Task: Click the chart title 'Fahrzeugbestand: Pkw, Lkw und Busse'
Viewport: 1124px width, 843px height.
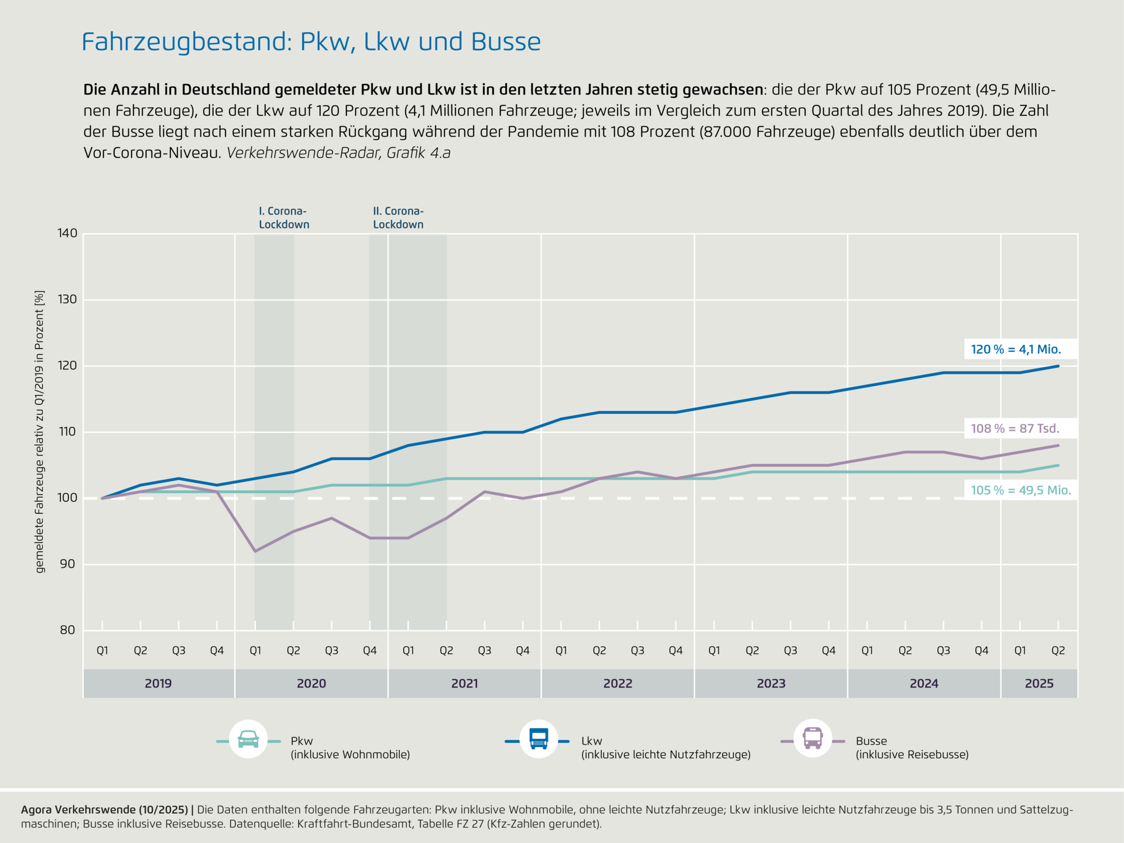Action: pos(311,42)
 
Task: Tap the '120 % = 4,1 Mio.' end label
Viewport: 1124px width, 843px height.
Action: pos(1016,349)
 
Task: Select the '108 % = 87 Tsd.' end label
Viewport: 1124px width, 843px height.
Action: pos(1015,428)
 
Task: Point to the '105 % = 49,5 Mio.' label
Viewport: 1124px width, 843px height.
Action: pos(1020,490)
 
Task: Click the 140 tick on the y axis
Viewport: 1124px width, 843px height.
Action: pos(67,233)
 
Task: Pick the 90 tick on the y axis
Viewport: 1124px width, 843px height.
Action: pos(67,564)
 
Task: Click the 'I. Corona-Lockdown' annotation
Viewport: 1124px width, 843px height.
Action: pos(284,217)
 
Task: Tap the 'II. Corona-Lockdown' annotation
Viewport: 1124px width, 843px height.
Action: pos(398,217)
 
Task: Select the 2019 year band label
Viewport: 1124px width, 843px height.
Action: pos(158,683)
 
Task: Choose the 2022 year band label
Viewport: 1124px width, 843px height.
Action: pos(618,683)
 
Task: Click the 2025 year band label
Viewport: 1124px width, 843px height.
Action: pos(1039,683)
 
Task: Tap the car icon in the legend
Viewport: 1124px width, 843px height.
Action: pos(248,739)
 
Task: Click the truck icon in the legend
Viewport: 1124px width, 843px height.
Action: pos(539,739)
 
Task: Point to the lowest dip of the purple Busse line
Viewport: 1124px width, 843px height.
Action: pos(255,551)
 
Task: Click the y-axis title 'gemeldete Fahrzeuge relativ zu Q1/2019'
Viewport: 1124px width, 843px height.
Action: pos(40,431)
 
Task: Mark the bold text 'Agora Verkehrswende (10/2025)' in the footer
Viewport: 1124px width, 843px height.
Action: pos(104,810)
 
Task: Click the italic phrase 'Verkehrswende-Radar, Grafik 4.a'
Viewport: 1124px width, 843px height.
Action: pos(338,153)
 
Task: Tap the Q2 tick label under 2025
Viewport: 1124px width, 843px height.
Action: pos(1058,650)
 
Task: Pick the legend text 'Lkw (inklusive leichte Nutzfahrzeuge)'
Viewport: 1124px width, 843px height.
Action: pos(666,748)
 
